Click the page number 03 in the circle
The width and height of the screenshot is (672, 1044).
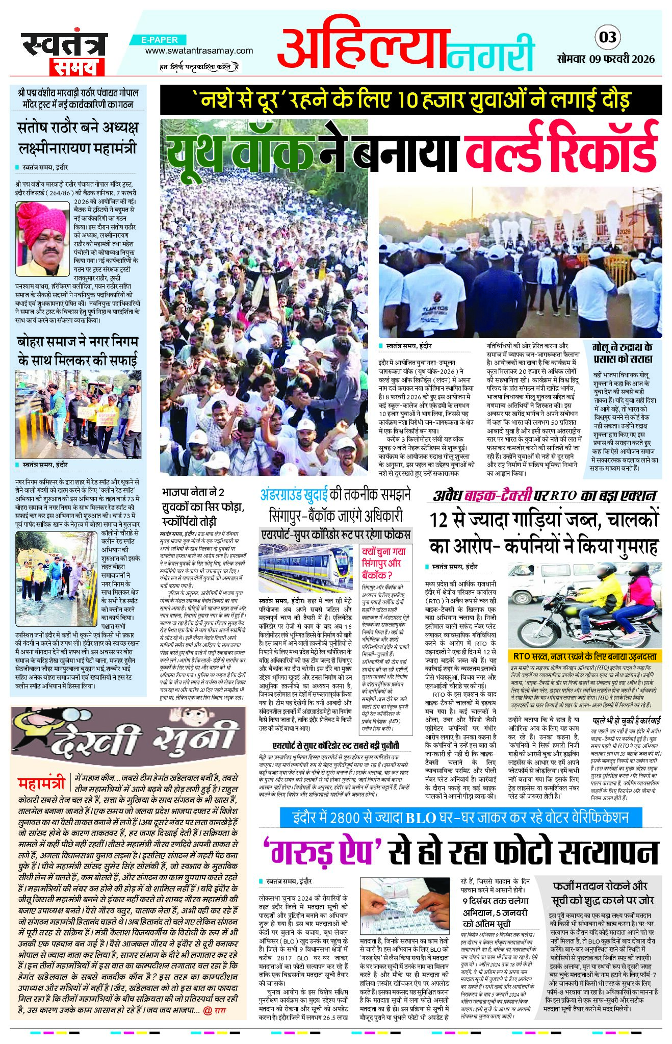[607, 37]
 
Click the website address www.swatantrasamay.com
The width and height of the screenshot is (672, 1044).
[199, 50]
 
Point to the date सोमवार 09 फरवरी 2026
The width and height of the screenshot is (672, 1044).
[605, 59]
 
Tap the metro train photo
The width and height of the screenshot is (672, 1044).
[305, 567]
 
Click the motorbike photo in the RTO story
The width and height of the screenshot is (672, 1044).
[584, 605]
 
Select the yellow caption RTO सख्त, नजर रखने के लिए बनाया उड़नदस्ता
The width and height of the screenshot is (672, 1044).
[584, 656]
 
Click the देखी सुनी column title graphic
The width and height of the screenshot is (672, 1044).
[127, 733]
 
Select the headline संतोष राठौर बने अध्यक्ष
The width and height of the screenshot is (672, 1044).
[77, 127]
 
